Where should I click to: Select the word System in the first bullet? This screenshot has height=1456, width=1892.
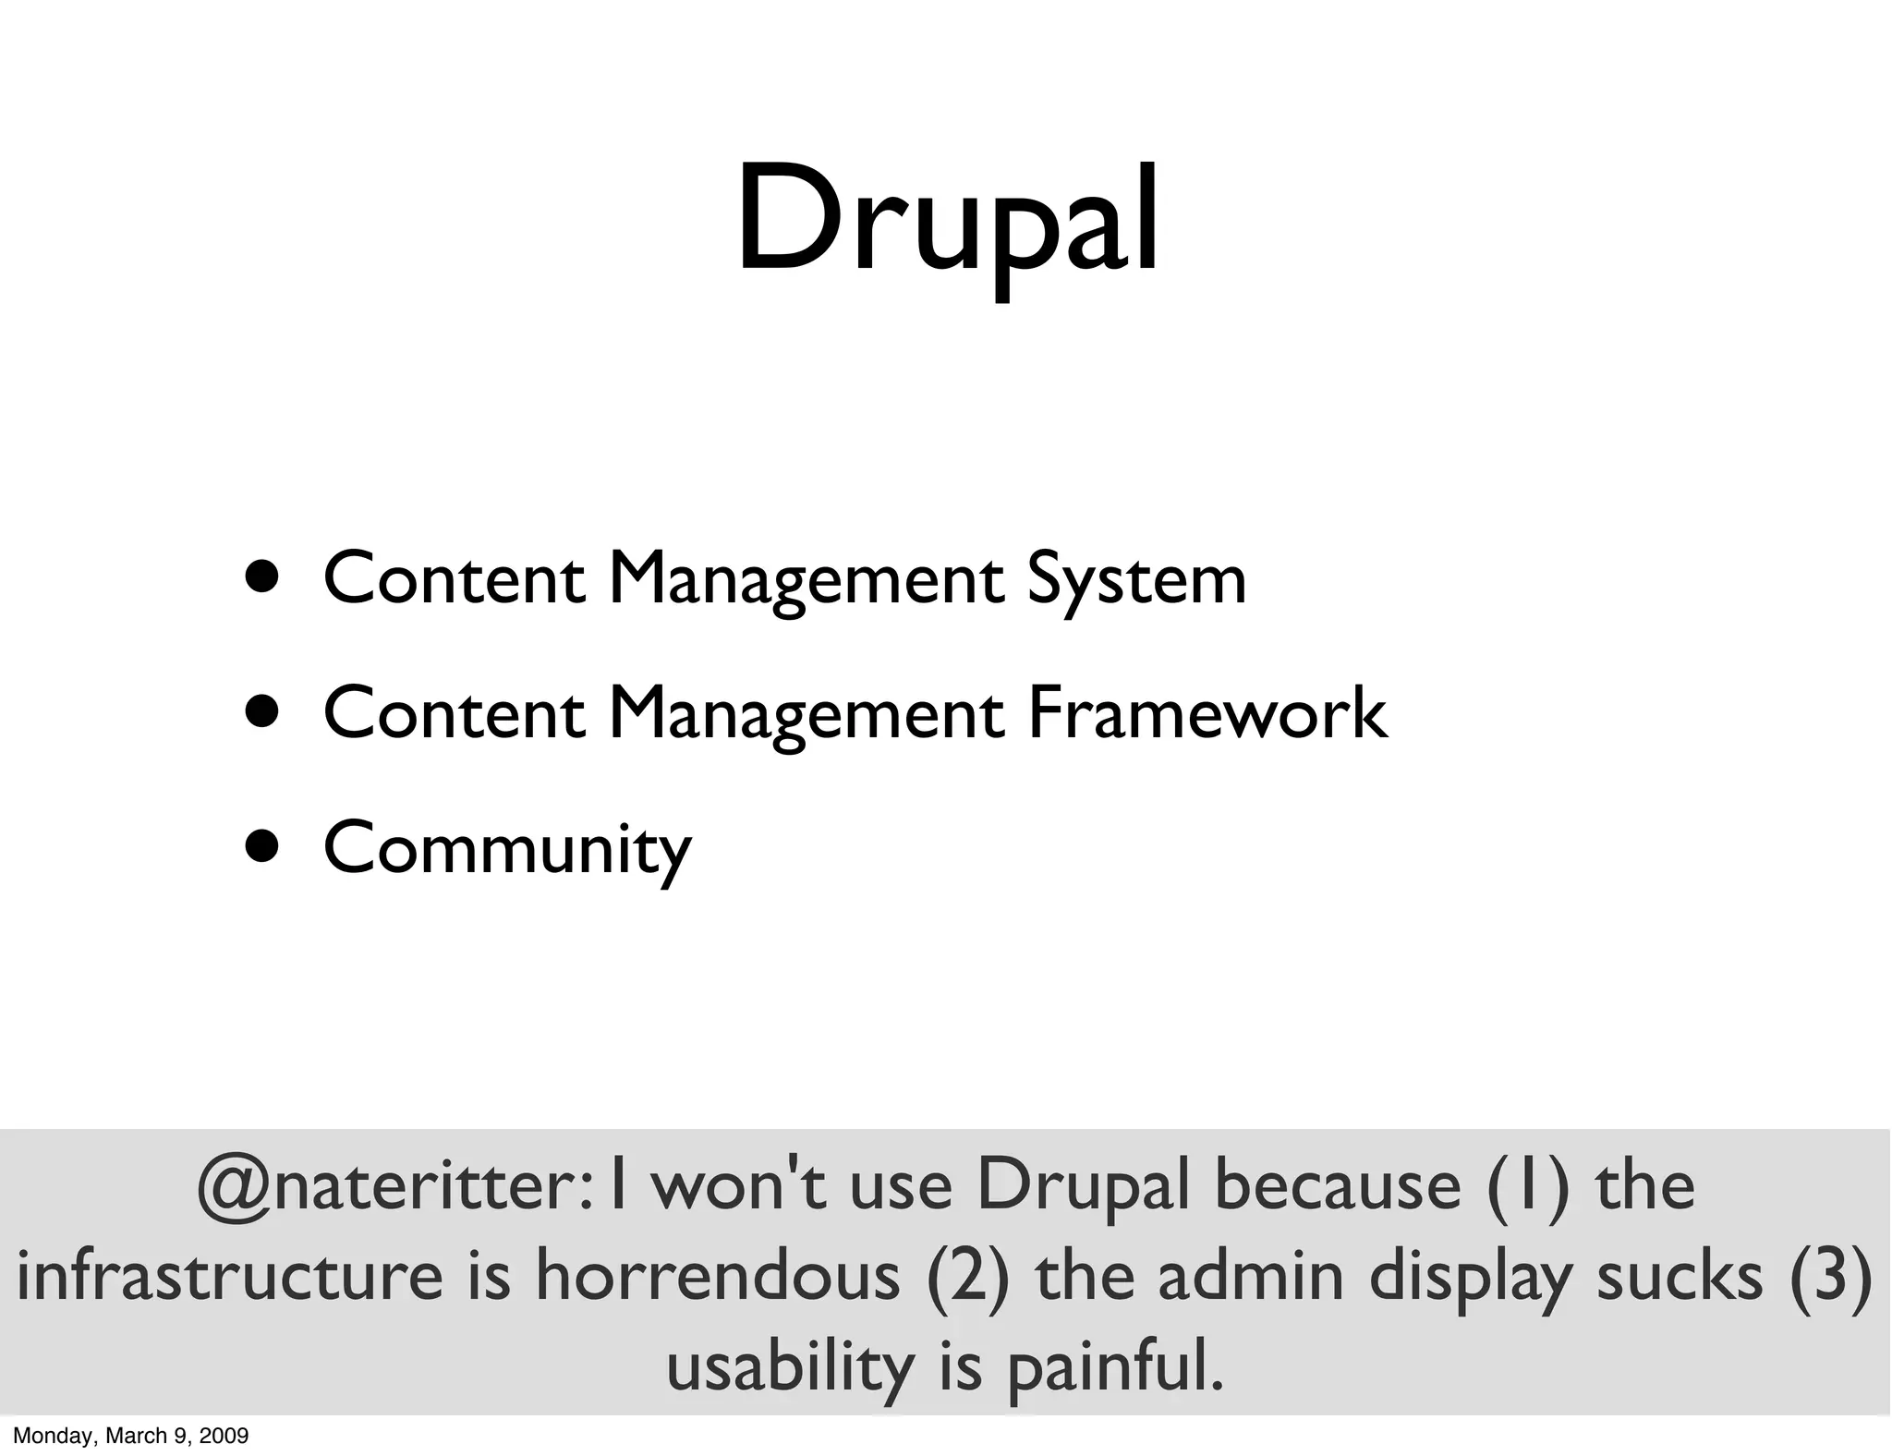tap(1136, 579)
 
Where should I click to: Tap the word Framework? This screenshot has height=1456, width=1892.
tap(1207, 713)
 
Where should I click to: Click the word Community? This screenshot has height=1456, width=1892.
tap(507, 848)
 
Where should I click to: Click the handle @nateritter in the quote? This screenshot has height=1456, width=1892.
tap(389, 1186)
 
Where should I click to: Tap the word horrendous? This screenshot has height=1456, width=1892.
tap(718, 1276)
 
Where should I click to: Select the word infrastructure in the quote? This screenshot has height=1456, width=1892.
tap(231, 1276)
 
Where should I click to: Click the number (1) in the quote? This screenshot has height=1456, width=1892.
tap(1528, 1186)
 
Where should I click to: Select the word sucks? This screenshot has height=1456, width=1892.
tap(1680, 1276)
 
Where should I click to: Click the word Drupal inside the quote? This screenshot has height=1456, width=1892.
tap(1083, 1186)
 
